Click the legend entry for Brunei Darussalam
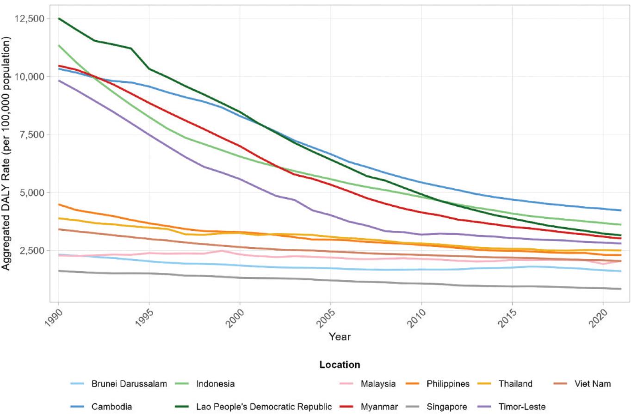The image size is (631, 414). (x=129, y=383)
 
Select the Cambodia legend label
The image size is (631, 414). (x=111, y=407)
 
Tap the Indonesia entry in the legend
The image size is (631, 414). (x=215, y=383)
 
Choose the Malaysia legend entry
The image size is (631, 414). (x=378, y=383)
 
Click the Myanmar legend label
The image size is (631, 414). (x=379, y=407)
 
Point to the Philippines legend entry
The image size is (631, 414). (x=447, y=383)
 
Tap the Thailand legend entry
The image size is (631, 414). (x=515, y=383)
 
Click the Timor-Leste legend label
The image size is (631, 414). (x=521, y=407)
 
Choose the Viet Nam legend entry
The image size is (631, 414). (x=593, y=383)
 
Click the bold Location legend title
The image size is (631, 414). (x=340, y=365)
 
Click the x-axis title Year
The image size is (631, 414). (x=340, y=337)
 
